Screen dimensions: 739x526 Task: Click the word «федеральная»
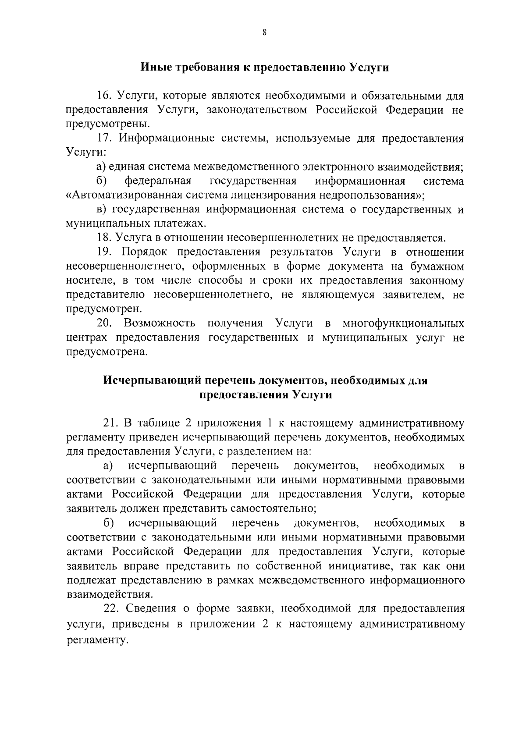tap(158, 181)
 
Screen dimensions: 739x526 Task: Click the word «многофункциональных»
tap(403, 323)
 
